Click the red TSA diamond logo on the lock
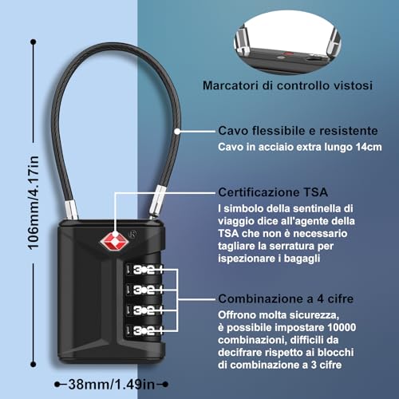[115, 242]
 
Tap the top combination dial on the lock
[144, 270]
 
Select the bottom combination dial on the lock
[144, 330]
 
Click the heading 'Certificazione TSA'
[273, 192]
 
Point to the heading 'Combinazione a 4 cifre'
[286, 298]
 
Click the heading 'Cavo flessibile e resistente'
[298, 131]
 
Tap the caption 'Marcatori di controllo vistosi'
[287, 85]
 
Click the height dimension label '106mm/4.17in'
[34, 203]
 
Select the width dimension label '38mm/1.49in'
[112, 384]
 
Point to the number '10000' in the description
[342, 327]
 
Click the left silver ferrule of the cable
[72, 210]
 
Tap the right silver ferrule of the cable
[157, 200]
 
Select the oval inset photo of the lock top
[287, 43]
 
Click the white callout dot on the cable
[177, 131]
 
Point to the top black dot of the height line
[34, 42]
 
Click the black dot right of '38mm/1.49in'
[165, 384]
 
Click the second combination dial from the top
[144, 290]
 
